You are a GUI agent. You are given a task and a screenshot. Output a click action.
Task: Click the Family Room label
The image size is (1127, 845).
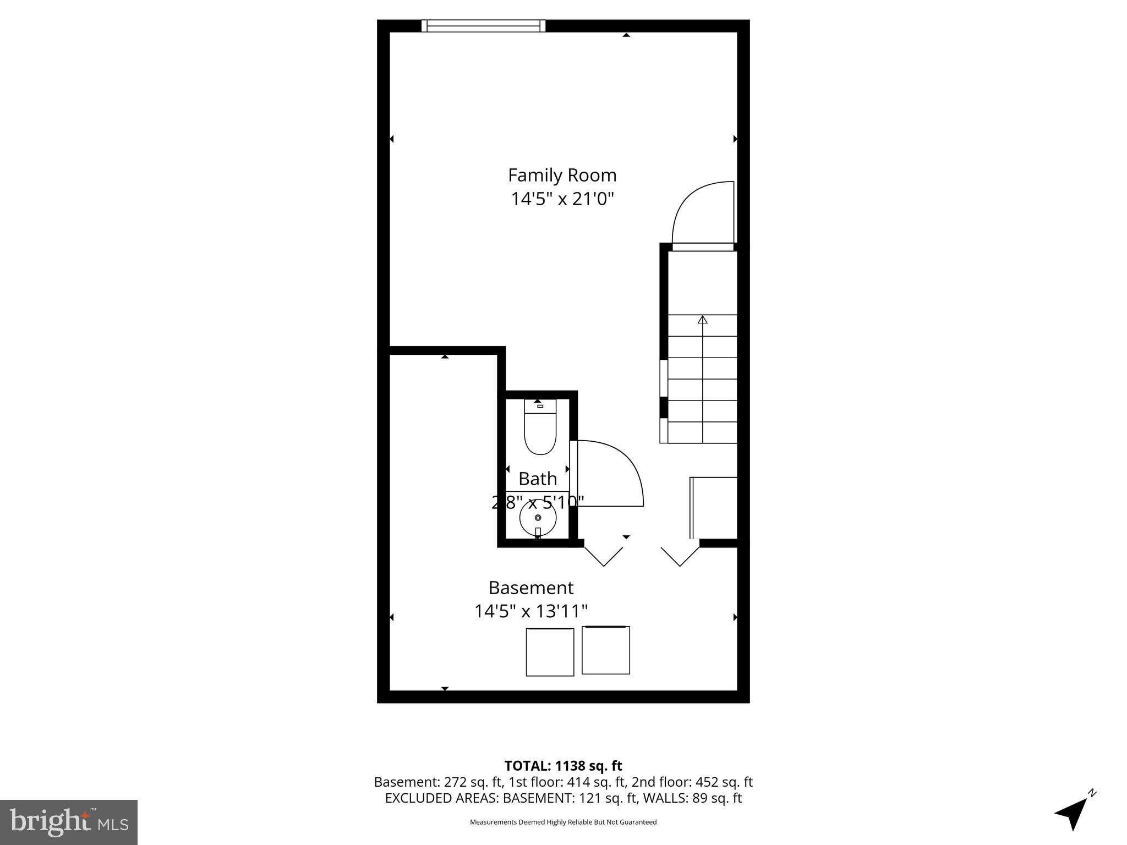point(562,175)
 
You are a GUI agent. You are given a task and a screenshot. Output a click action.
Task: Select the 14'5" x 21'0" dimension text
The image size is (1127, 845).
point(562,199)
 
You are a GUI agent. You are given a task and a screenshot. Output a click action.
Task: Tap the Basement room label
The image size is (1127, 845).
point(531,588)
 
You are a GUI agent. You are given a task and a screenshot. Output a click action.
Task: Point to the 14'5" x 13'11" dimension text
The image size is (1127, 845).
point(531,611)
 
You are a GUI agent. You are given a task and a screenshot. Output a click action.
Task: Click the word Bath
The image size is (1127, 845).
point(538,479)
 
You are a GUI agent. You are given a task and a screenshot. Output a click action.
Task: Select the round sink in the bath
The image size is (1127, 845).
point(538,518)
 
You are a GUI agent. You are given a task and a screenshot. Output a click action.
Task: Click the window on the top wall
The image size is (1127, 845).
point(483,26)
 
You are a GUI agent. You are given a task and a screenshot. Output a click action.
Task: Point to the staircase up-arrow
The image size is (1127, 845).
point(702,320)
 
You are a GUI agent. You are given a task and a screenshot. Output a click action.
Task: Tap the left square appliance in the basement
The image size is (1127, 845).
point(550,652)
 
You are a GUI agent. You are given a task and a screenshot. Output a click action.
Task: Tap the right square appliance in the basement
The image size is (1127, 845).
point(605,650)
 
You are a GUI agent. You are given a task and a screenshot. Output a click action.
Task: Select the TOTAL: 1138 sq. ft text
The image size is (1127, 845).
point(563,766)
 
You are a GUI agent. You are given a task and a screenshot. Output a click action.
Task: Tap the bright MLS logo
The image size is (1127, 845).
point(69,822)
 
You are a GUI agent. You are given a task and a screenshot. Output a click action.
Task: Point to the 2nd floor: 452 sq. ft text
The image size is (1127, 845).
point(692,782)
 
